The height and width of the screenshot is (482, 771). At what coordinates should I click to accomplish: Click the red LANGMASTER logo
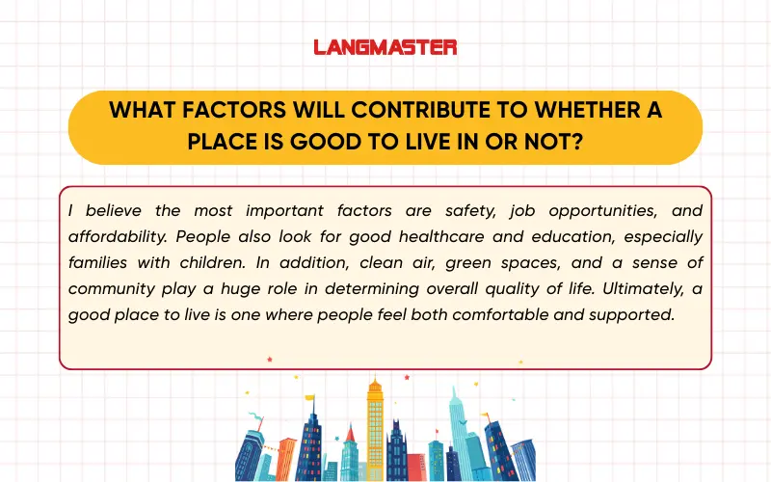coord(385,46)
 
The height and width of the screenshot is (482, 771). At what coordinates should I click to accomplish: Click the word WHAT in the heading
coord(134,110)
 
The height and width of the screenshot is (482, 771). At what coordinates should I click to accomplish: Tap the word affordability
coord(112,236)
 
